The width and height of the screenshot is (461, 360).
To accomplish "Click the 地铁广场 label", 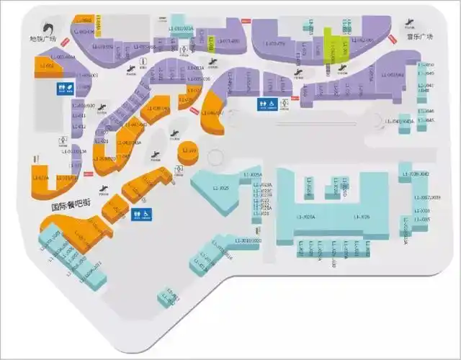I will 42,39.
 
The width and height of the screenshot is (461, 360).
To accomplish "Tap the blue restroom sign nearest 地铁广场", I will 64,88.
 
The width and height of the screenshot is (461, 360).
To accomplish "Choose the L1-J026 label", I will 364,216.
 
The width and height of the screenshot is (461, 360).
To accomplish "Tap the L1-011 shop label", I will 80,115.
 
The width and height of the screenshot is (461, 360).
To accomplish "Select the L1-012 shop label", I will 81,126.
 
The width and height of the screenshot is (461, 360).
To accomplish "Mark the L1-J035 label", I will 424,219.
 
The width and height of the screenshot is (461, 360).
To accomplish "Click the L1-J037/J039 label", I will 426,197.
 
